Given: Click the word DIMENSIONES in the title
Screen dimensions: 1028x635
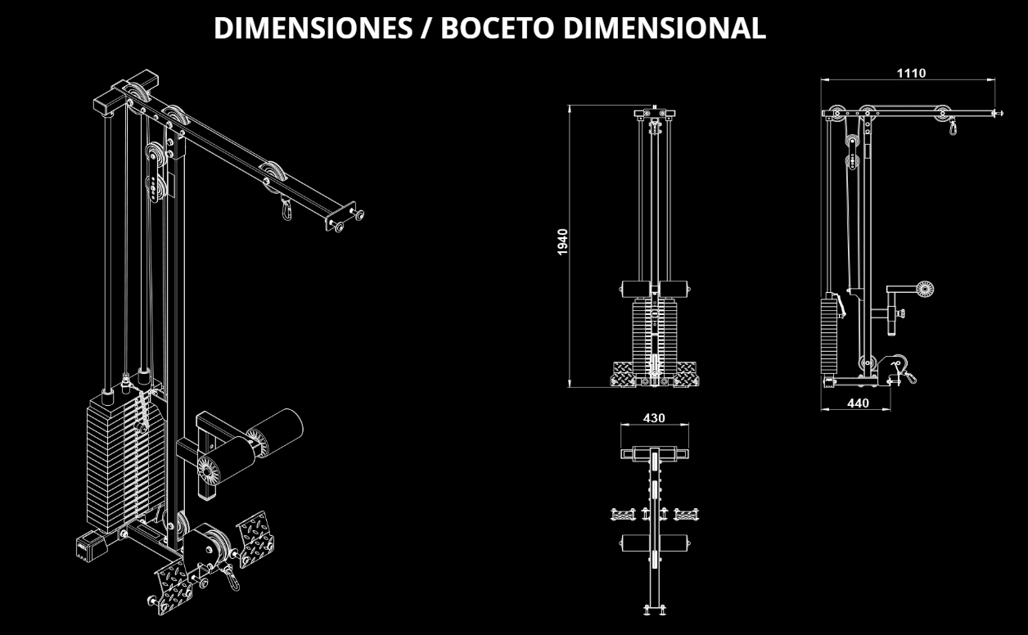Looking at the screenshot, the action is (313, 28).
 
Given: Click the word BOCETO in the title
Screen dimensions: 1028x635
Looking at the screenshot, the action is (498, 28).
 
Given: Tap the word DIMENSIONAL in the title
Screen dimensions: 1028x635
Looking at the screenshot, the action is (665, 28).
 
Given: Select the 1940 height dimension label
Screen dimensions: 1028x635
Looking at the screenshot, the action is (562, 241).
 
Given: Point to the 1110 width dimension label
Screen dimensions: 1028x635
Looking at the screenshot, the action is (911, 73).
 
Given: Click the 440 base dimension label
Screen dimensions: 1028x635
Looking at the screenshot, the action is (858, 403).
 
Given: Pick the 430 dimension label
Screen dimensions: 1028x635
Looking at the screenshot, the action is (653, 418).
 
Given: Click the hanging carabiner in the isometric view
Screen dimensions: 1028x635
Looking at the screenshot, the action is (286, 209).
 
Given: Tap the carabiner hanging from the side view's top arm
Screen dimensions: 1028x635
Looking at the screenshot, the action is (953, 127).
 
